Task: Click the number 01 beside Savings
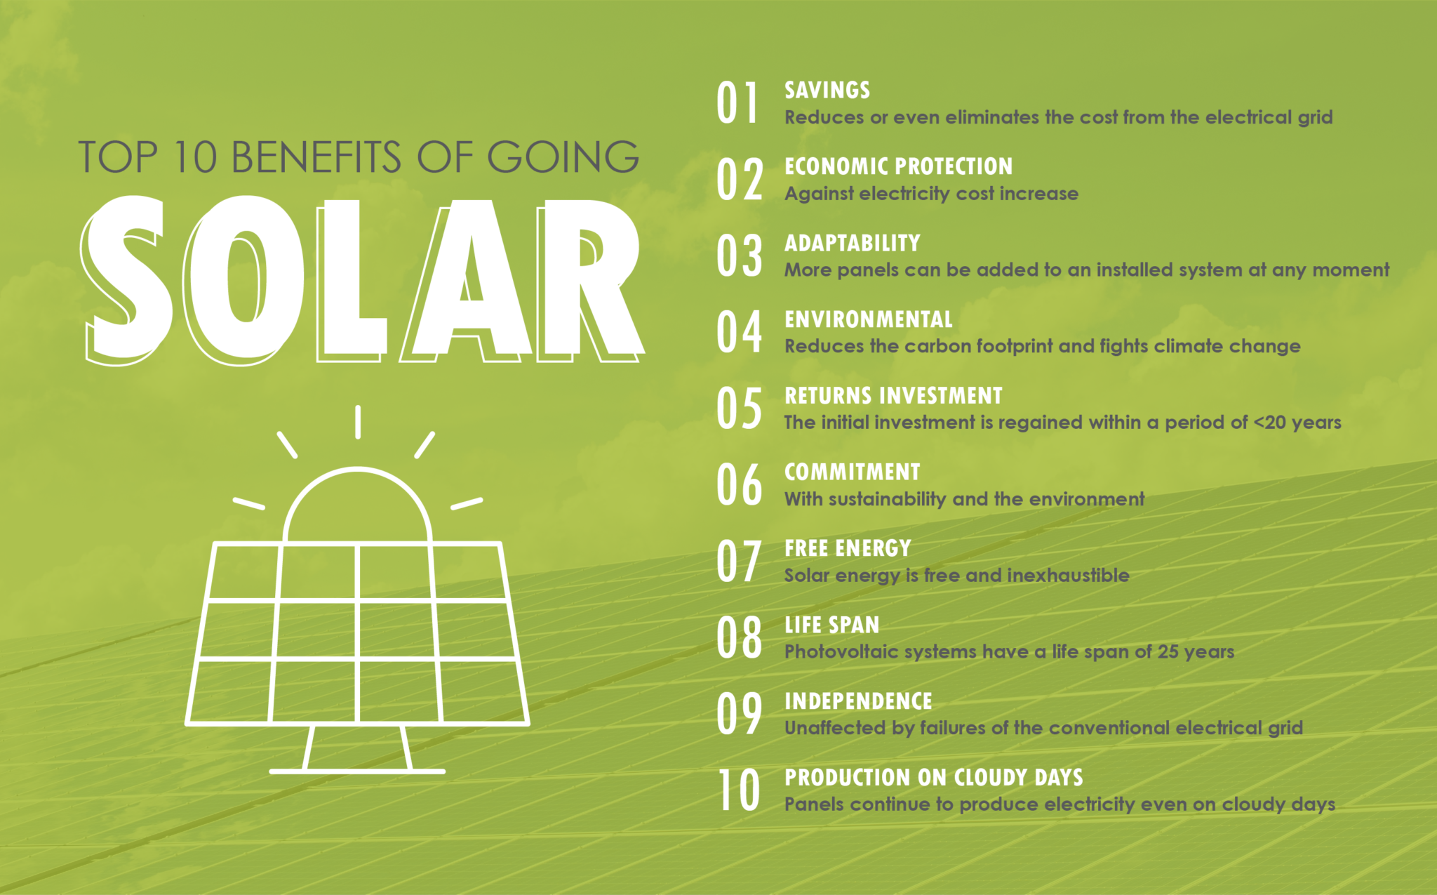[737, 102]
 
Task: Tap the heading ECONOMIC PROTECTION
[898, 166]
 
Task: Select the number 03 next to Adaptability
[740, 256]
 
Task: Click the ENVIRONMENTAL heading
[868, 319]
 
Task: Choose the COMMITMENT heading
[852, 472]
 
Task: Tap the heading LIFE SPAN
[831, 625]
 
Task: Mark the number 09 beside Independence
[740, 713]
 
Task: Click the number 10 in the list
[739, 790]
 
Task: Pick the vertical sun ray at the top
[358, 422]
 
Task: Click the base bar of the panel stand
[357, 771]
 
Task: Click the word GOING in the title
[563, 157]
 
